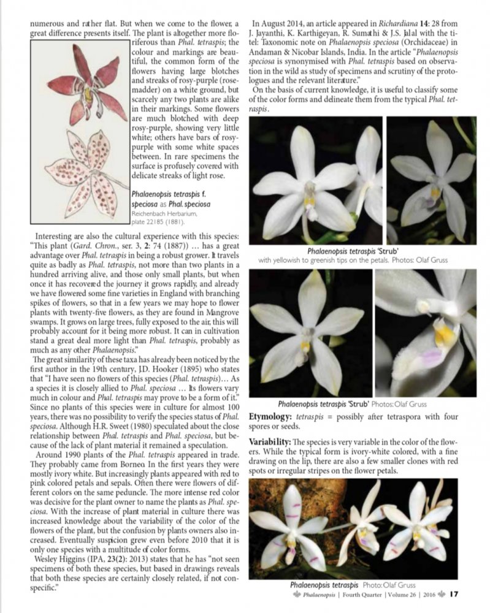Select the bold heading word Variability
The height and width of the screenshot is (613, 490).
coord(272,442)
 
